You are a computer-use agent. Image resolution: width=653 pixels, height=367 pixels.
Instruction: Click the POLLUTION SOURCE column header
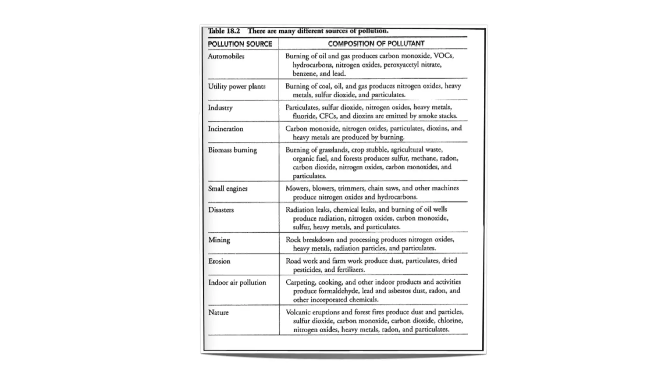[240, 44]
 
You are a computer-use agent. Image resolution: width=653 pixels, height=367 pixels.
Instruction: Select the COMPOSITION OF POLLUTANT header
[376, 44]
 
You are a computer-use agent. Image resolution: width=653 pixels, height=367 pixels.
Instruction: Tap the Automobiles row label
[226, 56]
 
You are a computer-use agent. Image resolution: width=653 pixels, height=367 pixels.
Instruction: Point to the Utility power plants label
[237, 87]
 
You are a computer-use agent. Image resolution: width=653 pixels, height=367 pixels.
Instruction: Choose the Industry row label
[220, 108]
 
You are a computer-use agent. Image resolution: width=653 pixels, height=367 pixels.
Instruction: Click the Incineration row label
[225, 129]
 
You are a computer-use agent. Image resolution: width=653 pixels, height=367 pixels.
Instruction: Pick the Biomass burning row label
[232, 150]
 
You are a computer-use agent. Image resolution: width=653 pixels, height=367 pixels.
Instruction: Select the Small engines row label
[228, 189]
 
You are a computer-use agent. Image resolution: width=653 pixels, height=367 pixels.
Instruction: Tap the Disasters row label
[221, 210]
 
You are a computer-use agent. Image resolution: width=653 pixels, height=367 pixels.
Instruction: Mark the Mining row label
[219, 240]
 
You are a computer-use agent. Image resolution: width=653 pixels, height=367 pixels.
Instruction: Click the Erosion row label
[219, 261]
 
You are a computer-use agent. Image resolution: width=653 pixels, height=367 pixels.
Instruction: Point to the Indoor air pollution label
[237, 283]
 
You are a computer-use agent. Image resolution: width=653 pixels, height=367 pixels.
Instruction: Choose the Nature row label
[218, 313]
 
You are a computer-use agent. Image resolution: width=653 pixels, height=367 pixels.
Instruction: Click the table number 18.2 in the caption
[232, 31]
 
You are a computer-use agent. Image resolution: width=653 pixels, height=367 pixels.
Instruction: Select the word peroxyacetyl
[401, 65]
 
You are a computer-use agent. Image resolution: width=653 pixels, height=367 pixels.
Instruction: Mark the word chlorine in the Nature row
[450, 321]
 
